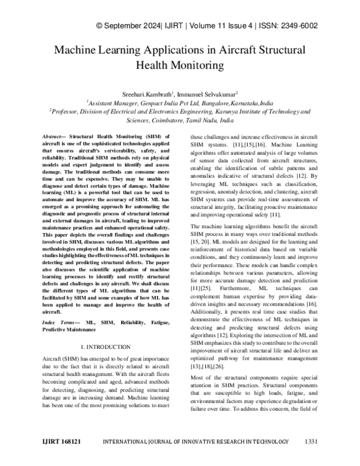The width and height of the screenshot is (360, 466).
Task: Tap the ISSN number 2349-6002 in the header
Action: [x=296, y=26]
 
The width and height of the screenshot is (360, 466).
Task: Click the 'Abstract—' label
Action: [x=59, y=138]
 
